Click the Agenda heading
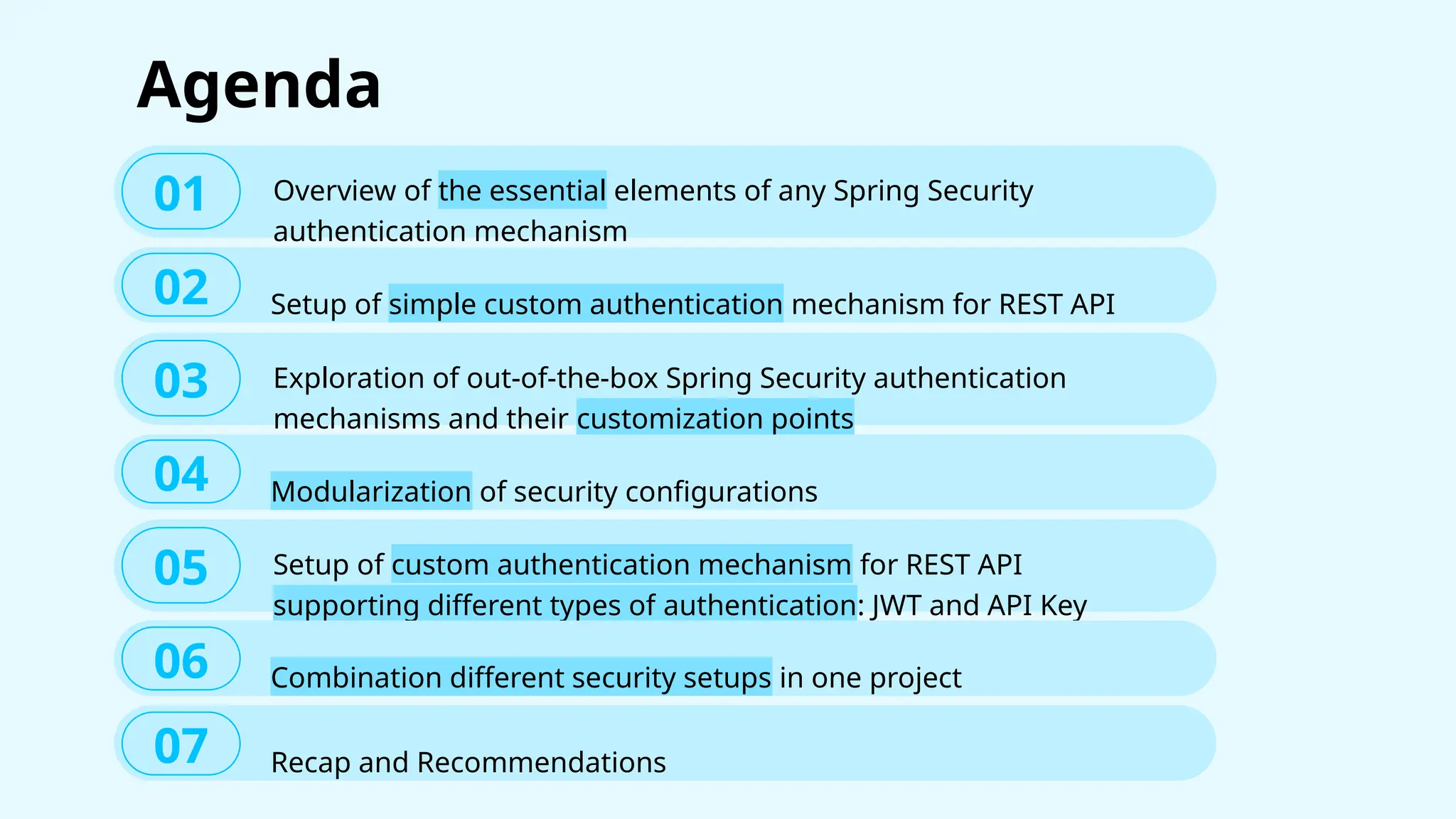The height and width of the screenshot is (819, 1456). (x=259, y=85)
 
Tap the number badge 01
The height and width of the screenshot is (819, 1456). (x=181, y=192)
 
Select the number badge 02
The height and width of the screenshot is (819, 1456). (x=181, y=286)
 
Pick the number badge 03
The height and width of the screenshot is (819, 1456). (x=181, y=379)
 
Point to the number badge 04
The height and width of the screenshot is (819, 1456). (x=181, y=473)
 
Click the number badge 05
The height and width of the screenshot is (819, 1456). (x=181, y=566)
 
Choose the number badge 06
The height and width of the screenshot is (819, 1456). (x=181, y=659)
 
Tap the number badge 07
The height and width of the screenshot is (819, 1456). (x=181, y=744)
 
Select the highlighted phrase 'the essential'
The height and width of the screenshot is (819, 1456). (x=522, y=191)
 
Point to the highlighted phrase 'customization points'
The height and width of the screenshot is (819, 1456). (x=714, y=418)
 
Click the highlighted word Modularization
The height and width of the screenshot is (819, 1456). (x=371, y=491)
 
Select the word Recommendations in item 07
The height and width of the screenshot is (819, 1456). (x=541, y=762)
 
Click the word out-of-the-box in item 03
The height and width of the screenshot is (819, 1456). (x=562, y=378)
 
